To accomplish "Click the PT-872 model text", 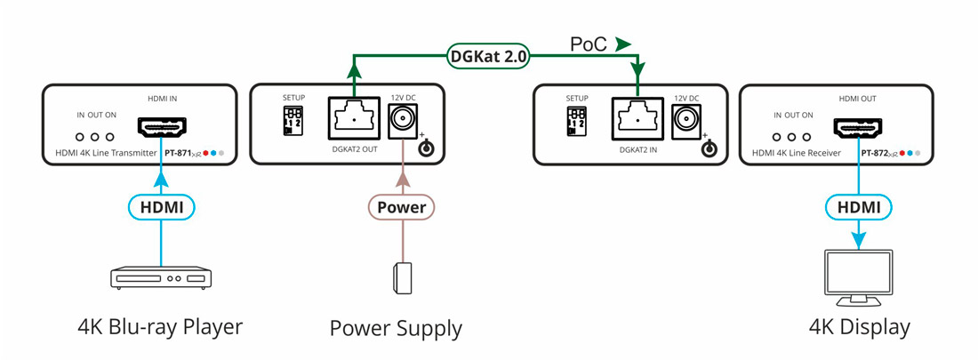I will [x=878, y=153].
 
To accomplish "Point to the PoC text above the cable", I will [x=590, y=43].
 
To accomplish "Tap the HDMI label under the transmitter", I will [x=161, y=207].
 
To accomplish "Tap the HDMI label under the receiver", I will [x=859, y=207].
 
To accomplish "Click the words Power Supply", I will [x=396, y=329].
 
